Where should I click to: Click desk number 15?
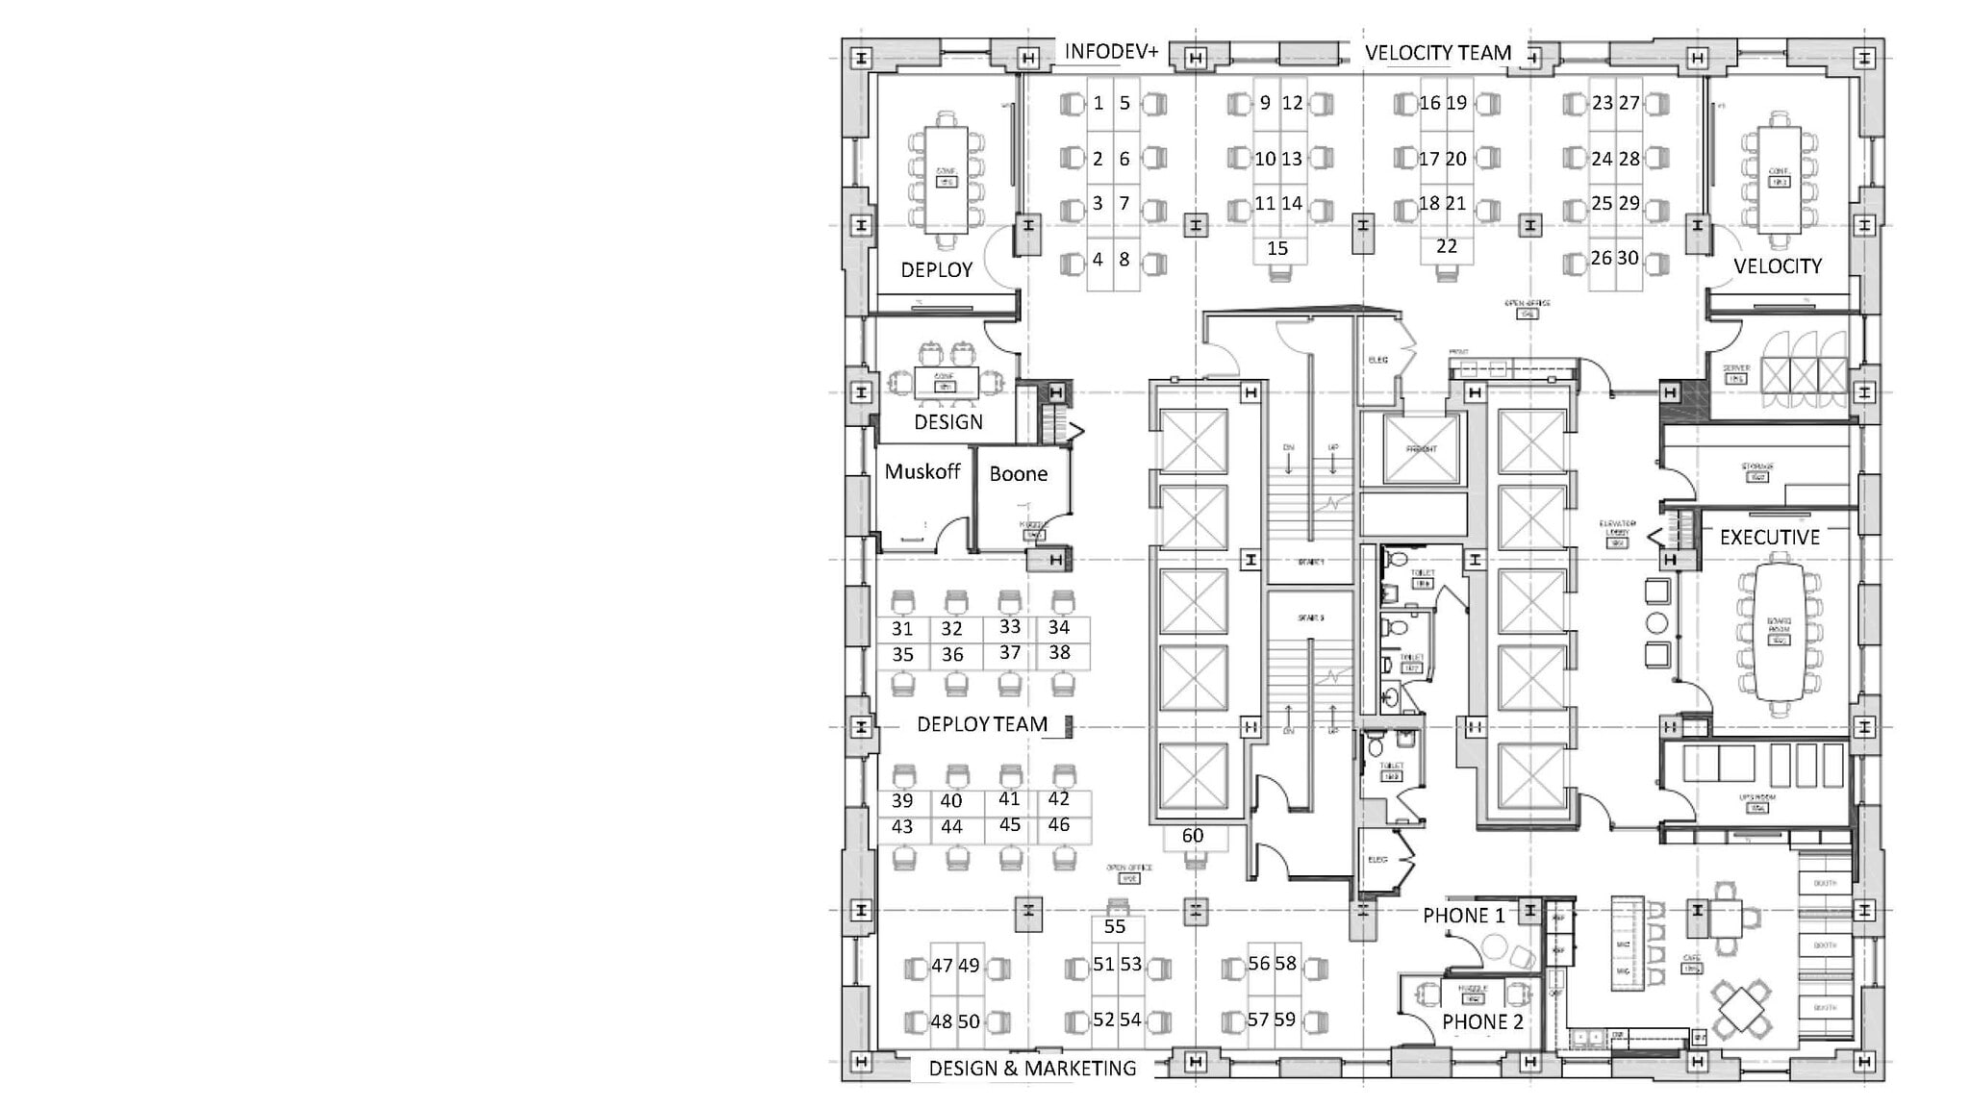click(x=1276, y=249)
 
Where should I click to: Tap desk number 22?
click(x=1446, y=247)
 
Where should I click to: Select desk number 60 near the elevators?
click(x=1193, y=836)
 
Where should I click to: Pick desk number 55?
click(x=1115, y=927)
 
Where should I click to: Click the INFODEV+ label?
click(x=1111, y=52)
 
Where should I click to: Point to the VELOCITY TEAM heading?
click(x=1438, y=53)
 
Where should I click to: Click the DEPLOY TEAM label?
click(x=982, y=724)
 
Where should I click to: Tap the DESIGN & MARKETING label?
click(x=1032, y=1069)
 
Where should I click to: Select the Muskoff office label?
click(x=922, y=471)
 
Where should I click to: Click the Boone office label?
click(x=1018, y=474)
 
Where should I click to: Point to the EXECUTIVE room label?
click(x=1769, y=538)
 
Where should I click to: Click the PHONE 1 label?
click(x=1463, y=916)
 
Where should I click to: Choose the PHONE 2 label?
click(x=1482, y=1022)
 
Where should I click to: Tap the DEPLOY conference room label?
click(x=936, y=270)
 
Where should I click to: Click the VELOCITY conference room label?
click(x=1777, y=266)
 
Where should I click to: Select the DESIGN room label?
click(x=947, y=422)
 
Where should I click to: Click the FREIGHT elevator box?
click(x=1422, y=449)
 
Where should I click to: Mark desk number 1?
click(x=1099, y=103)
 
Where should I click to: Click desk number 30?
click(x=1628, y=258)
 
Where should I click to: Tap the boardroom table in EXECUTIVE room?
click(x=1779, y=631)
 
